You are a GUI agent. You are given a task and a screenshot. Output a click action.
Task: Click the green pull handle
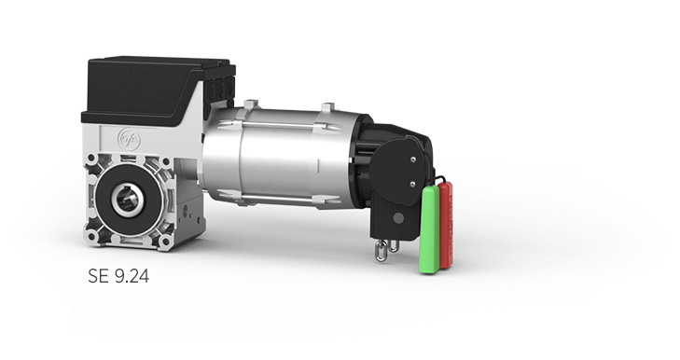[x=429, y=229]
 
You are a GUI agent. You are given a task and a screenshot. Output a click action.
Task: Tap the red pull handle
[x=446, y=225]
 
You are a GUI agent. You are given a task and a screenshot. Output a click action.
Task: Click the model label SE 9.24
[x=118, y=276]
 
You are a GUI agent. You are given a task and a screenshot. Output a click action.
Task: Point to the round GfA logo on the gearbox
[x=129, y=139]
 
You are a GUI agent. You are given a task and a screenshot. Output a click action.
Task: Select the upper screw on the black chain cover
[x=413, y=159]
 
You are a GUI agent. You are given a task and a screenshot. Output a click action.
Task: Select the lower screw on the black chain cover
[x=412, y=184]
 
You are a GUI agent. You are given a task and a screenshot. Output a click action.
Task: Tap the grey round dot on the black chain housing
[x=397, y=217]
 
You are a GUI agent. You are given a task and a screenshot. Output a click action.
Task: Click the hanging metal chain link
[x=381, y=252]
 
